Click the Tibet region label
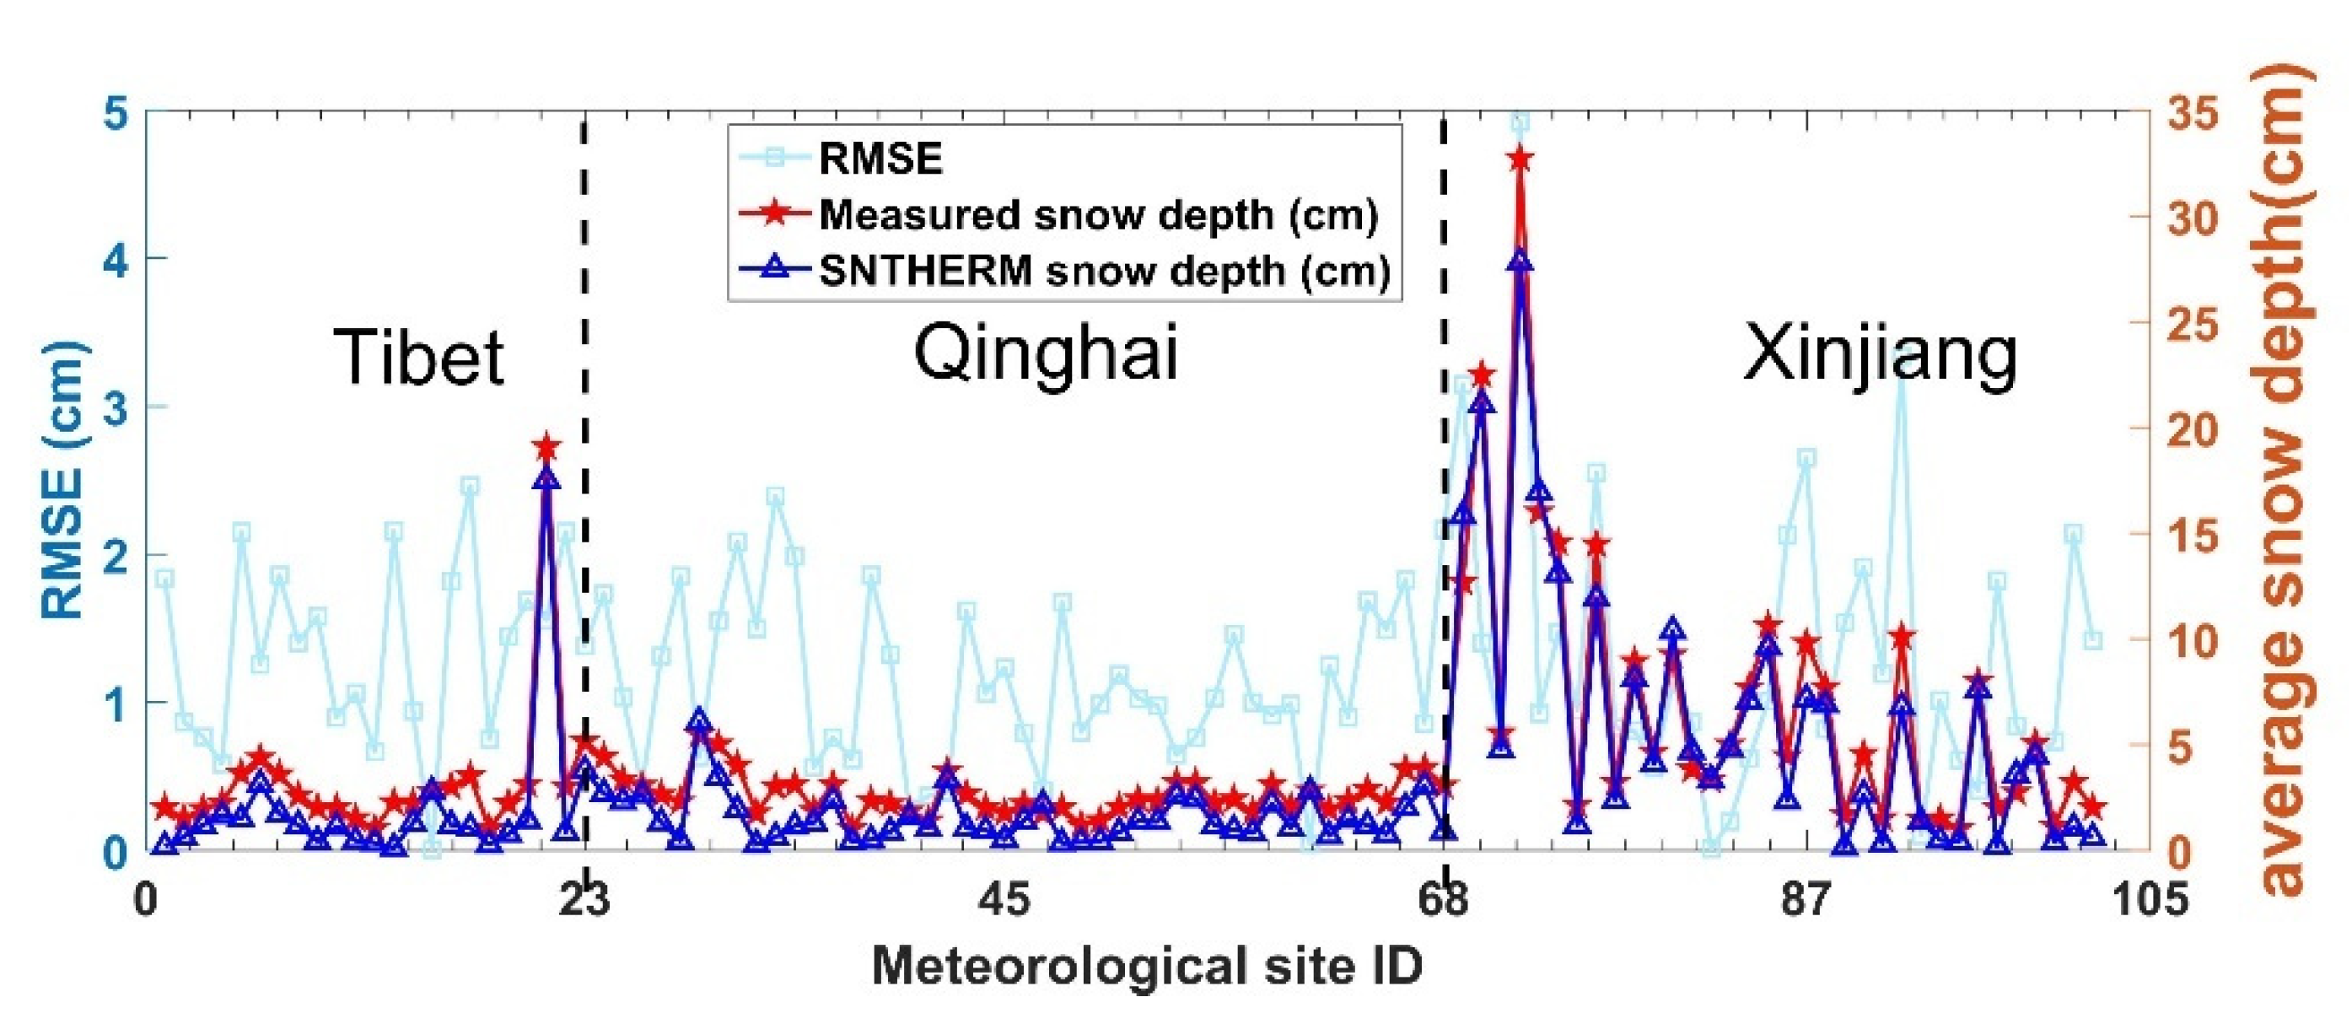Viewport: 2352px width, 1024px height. point(418,357)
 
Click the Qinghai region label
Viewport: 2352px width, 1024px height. point(1047,354)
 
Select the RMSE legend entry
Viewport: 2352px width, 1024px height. point(880,159)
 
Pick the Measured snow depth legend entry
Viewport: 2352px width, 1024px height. point(1097,214)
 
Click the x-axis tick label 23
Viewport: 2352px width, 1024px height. point(585,900)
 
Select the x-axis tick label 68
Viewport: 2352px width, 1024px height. point(1444,900)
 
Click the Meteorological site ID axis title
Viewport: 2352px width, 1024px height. point(1147,967)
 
